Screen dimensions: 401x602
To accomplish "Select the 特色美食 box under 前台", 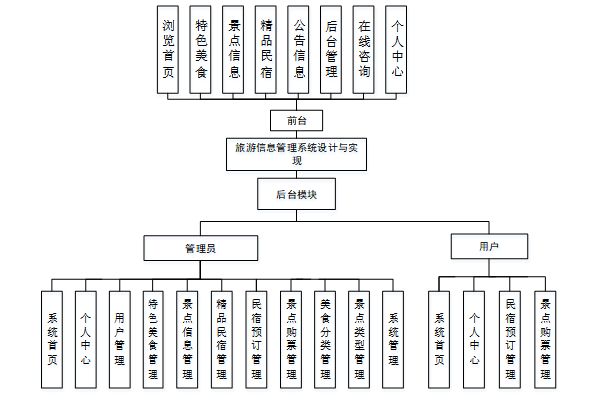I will pos(201,49).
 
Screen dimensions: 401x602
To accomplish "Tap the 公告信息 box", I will pos(298,49).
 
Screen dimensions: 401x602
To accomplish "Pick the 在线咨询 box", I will pos(364,49).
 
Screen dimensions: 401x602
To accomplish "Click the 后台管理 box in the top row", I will pos(331,49).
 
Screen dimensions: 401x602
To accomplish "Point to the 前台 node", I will pos(296,121).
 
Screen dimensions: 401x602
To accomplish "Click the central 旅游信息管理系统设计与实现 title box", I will pos(296,153).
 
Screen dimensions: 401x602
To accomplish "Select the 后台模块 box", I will pos(296,194).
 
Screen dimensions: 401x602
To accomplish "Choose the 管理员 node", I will pos(200,246).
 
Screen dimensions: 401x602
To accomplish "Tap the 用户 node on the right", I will pos(488,246).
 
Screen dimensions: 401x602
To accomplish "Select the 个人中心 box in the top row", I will pos(397,49).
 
